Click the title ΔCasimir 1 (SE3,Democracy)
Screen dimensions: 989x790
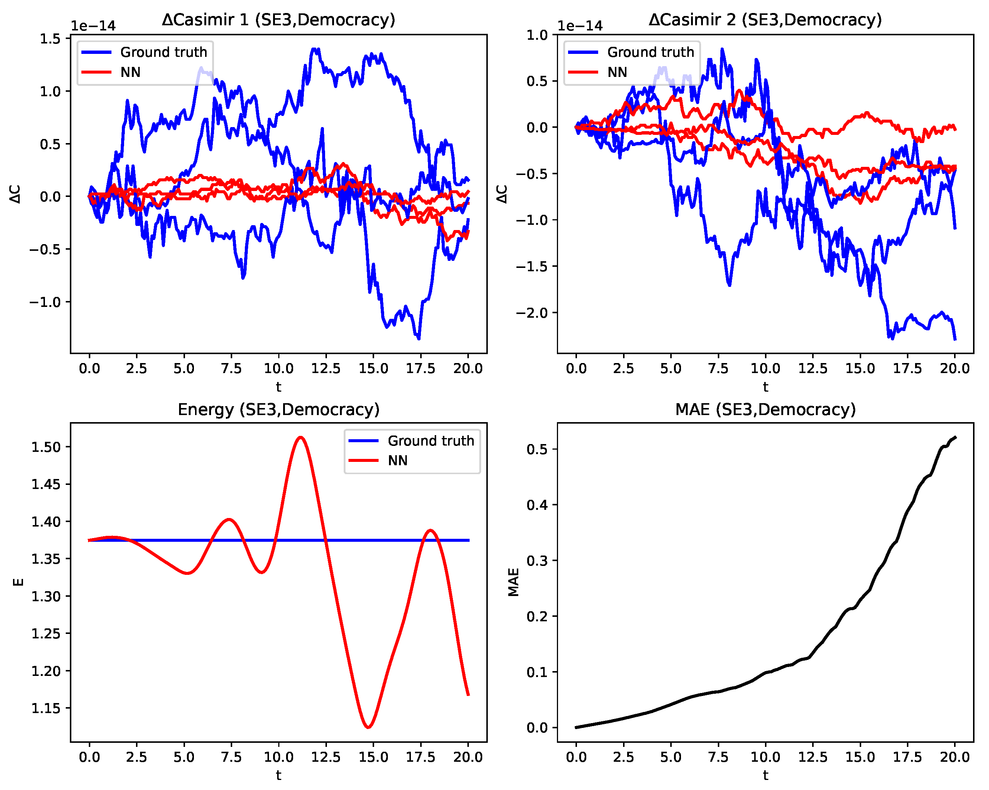[278, 20]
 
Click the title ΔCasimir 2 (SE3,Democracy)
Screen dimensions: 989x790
[765, 20]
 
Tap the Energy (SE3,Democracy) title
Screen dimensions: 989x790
[278, 409]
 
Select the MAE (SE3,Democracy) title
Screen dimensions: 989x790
[765, 409]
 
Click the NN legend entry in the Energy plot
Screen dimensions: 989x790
[397, 461]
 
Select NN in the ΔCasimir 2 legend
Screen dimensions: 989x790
[617, 72]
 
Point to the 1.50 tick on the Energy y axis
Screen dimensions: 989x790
[46, 447]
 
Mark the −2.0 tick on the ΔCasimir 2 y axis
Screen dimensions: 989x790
[532, 313]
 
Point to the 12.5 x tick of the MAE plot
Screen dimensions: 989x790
[813, 757]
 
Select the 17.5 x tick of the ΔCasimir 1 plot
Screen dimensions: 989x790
[421, 368]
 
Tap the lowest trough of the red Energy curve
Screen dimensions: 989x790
[368, 727]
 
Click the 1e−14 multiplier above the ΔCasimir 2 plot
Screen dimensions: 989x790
[580, 26]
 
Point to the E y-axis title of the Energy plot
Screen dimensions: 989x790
[18, 582]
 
